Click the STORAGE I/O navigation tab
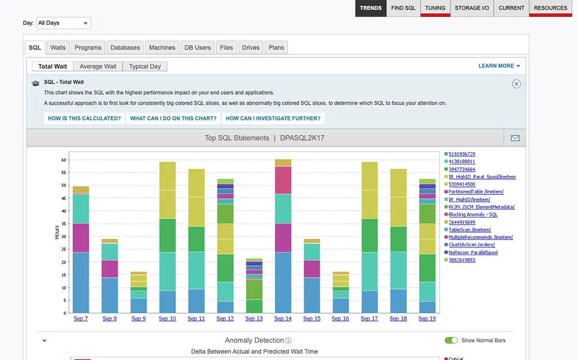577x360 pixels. click(472, 8)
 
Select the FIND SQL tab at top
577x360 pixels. click(403, 8)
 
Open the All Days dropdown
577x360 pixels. click(63, 23)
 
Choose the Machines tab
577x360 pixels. click(162, 47)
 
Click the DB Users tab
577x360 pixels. click(197, 47)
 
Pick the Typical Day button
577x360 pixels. click(145, 66)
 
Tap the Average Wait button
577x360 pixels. click(98, 66)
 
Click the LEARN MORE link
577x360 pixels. click(499, 66)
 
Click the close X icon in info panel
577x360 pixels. click(516, 84)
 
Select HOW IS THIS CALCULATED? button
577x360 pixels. click(85, 118)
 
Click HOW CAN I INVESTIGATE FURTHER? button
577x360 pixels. click(273, 118)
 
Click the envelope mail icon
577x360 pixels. click(515, 138)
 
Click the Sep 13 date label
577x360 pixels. click(254, 319)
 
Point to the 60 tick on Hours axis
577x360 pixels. click(64, 160)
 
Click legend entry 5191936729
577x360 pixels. click(462, 154)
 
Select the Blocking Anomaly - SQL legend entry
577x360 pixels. click(473, 215)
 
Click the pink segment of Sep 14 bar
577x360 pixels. click(283, 180)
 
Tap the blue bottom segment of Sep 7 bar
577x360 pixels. click(81, 282)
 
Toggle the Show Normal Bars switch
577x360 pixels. click(451, 340)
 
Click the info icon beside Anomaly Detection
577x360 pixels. click(288, 340)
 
